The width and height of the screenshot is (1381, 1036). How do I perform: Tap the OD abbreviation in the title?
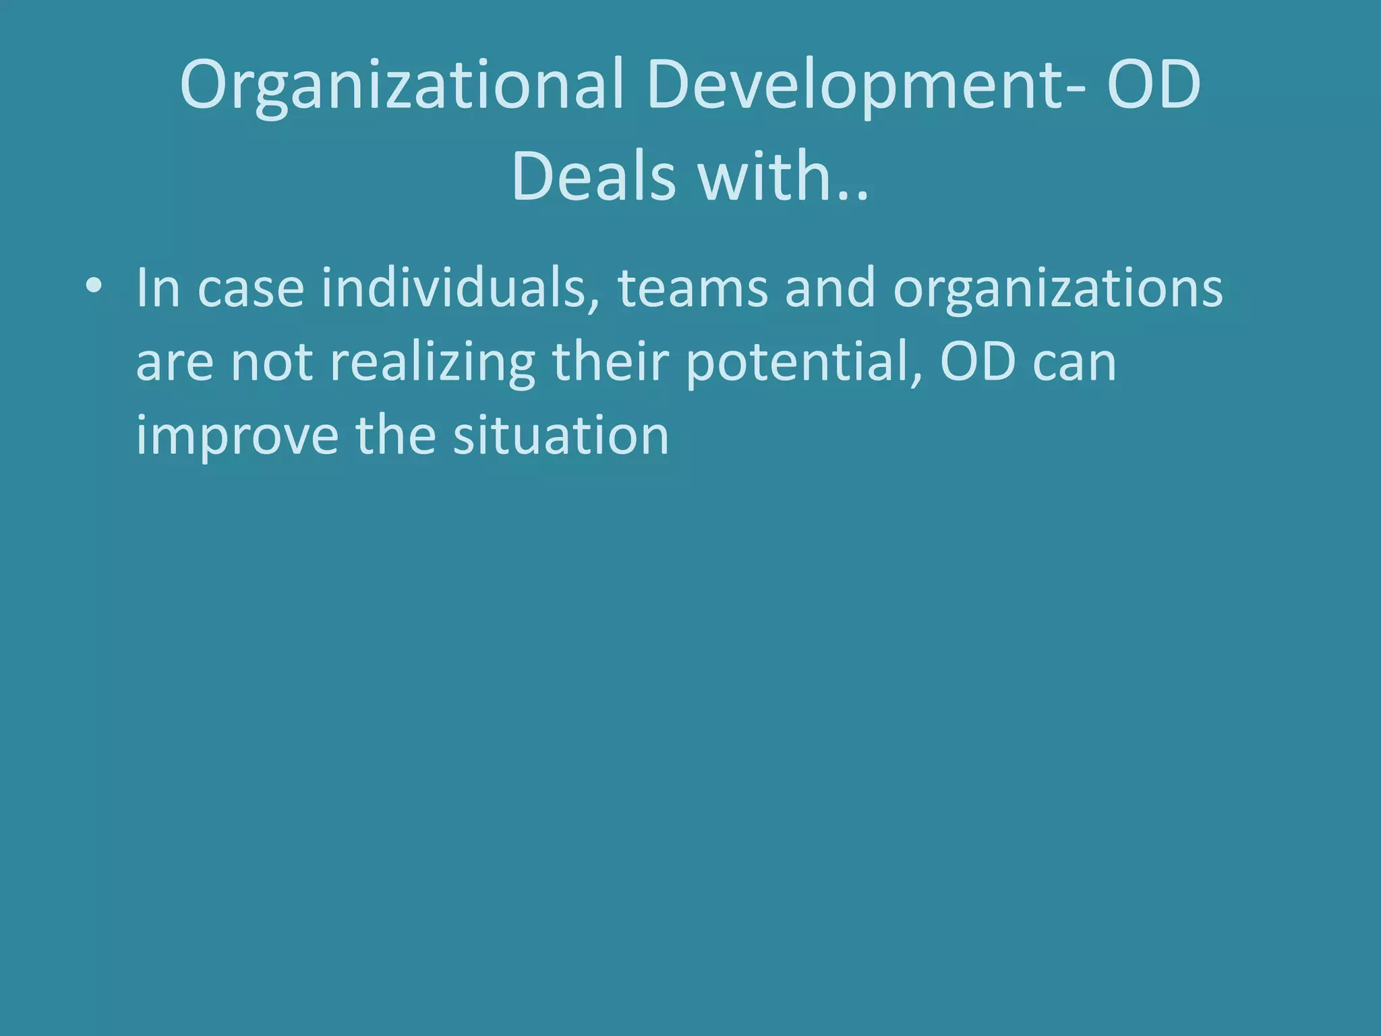click(x=1154, y=84)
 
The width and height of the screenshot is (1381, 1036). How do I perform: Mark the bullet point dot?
click(x=94, y=287)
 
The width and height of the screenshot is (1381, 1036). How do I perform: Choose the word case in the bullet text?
click(x=250, y=289)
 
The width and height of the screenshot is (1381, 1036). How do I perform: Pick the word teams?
click(x=693, y=289)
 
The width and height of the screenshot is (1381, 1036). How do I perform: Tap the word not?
click(x=272, y=363)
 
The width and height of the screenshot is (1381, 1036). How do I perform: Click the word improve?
click(x=237, y=437)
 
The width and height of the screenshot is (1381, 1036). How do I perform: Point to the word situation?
click(x=560, y=436)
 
